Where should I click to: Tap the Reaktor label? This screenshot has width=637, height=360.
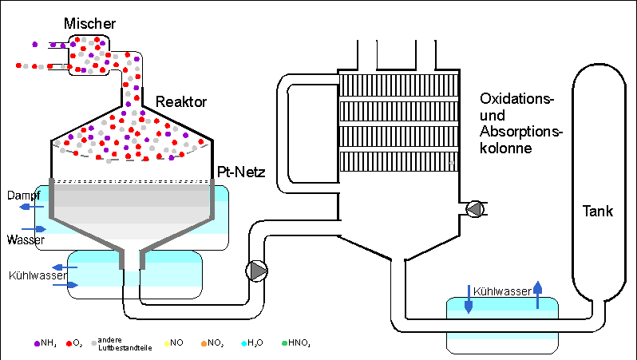click(182, 102)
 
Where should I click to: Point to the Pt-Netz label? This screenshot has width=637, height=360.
click(241, 172)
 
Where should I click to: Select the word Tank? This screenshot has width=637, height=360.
click(597, 212)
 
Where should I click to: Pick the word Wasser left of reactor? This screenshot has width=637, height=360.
click(25, 239)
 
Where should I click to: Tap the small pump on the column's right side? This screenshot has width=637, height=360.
click(475, 209)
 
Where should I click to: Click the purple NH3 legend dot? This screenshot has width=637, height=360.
click(37, 343)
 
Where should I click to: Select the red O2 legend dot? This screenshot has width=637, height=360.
click(69, 343)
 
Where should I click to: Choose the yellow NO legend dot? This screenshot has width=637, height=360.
click(166, 343)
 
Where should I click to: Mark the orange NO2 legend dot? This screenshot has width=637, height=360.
click(204, 343)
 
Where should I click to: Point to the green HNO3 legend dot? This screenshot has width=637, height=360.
click(284, 343)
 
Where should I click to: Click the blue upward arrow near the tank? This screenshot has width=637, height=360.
click(537, 295)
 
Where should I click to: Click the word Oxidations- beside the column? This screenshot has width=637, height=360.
click(516, 99)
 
